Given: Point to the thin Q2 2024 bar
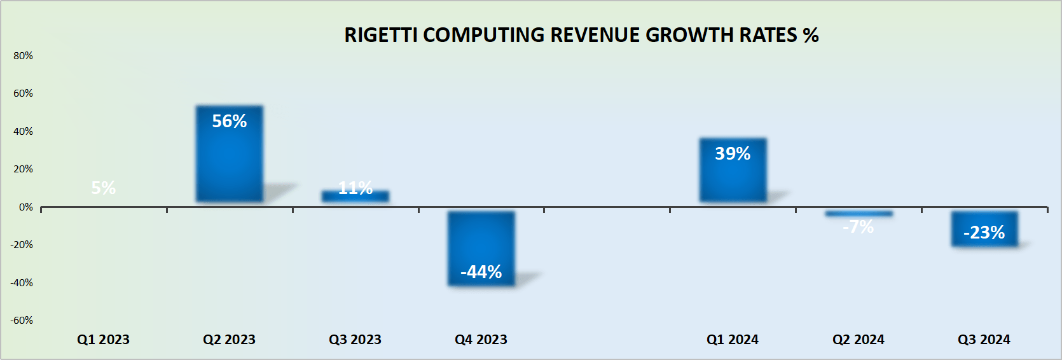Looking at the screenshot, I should [859, 214].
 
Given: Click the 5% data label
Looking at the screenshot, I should [104, 188].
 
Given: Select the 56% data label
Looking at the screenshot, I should [229, 121].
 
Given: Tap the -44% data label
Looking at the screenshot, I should [481, 272].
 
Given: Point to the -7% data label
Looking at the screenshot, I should [859, 227].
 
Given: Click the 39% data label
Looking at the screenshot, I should [733, 154].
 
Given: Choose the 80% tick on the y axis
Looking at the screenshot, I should [23, 56].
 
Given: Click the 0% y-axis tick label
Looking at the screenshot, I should [25, 207].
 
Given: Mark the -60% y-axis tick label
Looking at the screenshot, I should [22, 321].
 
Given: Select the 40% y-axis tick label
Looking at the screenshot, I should [23, 132].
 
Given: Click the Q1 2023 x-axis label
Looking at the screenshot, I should [103, 340].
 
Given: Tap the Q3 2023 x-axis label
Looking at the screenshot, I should [355, 340].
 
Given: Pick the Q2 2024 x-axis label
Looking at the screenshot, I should [859, 340].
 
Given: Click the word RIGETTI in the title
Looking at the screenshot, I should [380, 35].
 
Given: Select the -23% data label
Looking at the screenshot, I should [984, 233].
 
